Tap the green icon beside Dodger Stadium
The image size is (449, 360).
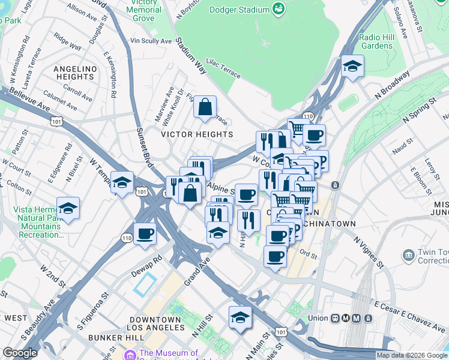(x=277, y=8)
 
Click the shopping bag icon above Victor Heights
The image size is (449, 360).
(x=205, y=107)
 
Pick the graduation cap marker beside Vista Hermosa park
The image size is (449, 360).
(x=68, y=208)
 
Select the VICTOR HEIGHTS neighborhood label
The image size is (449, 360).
(x=197, y=134)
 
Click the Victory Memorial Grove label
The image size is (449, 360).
(x=144, y=10)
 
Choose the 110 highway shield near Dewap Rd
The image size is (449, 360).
(x=127, y=238)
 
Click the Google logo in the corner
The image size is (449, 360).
(x=20, y=353)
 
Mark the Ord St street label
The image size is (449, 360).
(x=309, y=254)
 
